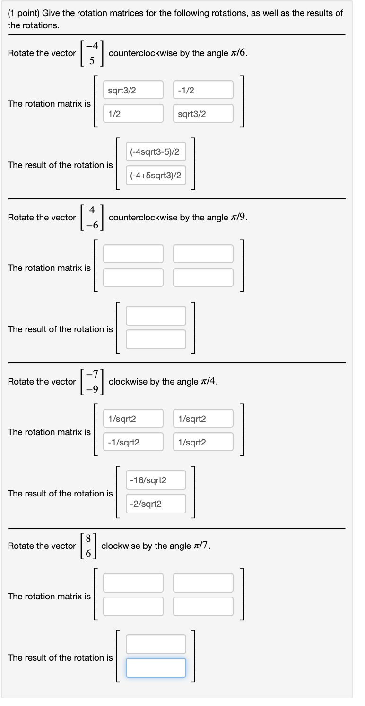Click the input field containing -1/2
203,90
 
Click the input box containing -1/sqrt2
133,442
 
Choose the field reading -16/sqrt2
156,479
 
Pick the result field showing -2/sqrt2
156,503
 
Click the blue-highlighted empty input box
156,667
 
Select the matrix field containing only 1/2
133,113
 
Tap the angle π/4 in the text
209,381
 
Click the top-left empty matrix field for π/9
133,254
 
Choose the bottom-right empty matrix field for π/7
203,606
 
